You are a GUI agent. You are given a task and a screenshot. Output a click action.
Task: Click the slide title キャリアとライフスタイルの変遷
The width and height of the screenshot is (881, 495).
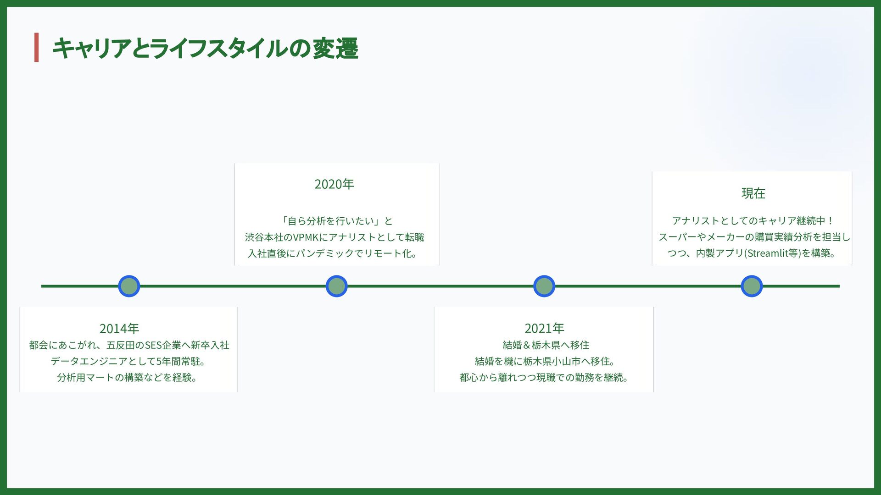coord(205,48)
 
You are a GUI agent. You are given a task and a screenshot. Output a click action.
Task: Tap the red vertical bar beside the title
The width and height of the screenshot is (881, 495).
coord(37,47)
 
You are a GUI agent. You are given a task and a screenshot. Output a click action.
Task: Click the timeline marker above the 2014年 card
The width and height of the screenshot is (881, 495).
coord(129,286)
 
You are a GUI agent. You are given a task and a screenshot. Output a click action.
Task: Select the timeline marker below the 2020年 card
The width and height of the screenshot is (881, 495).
coord(336,286)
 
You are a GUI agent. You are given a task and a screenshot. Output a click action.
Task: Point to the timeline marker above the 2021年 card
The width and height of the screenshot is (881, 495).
coord(544,286)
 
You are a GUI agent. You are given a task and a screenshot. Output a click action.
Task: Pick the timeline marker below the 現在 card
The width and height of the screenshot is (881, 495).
coord(752,286)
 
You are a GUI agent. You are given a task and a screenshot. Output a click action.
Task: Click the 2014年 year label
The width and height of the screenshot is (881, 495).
coord(119,329)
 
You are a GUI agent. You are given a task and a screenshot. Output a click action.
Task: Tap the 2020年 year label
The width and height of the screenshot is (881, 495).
coord(334,184)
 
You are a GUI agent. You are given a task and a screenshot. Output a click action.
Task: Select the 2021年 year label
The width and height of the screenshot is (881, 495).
coord(544,328)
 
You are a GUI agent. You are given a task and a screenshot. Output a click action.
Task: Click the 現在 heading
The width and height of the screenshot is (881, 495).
coord(753,193)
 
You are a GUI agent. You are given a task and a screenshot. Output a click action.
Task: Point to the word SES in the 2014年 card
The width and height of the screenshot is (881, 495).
coord(153,345)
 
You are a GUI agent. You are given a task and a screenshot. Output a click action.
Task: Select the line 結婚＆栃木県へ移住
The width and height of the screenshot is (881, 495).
coord(546,345)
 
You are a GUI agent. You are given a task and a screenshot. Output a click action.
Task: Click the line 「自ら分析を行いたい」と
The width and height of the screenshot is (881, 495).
coord(337,221)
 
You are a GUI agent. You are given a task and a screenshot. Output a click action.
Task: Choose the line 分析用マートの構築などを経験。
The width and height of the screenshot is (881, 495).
coord(127,378)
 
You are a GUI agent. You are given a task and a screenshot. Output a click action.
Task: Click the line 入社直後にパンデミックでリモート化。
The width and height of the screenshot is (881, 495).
coord(332,253)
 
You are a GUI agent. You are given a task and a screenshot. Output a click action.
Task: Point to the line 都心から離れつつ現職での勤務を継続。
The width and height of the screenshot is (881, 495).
coord(544,378)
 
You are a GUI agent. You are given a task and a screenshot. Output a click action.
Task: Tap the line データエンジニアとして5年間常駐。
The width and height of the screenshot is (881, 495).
coord(128,362)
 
